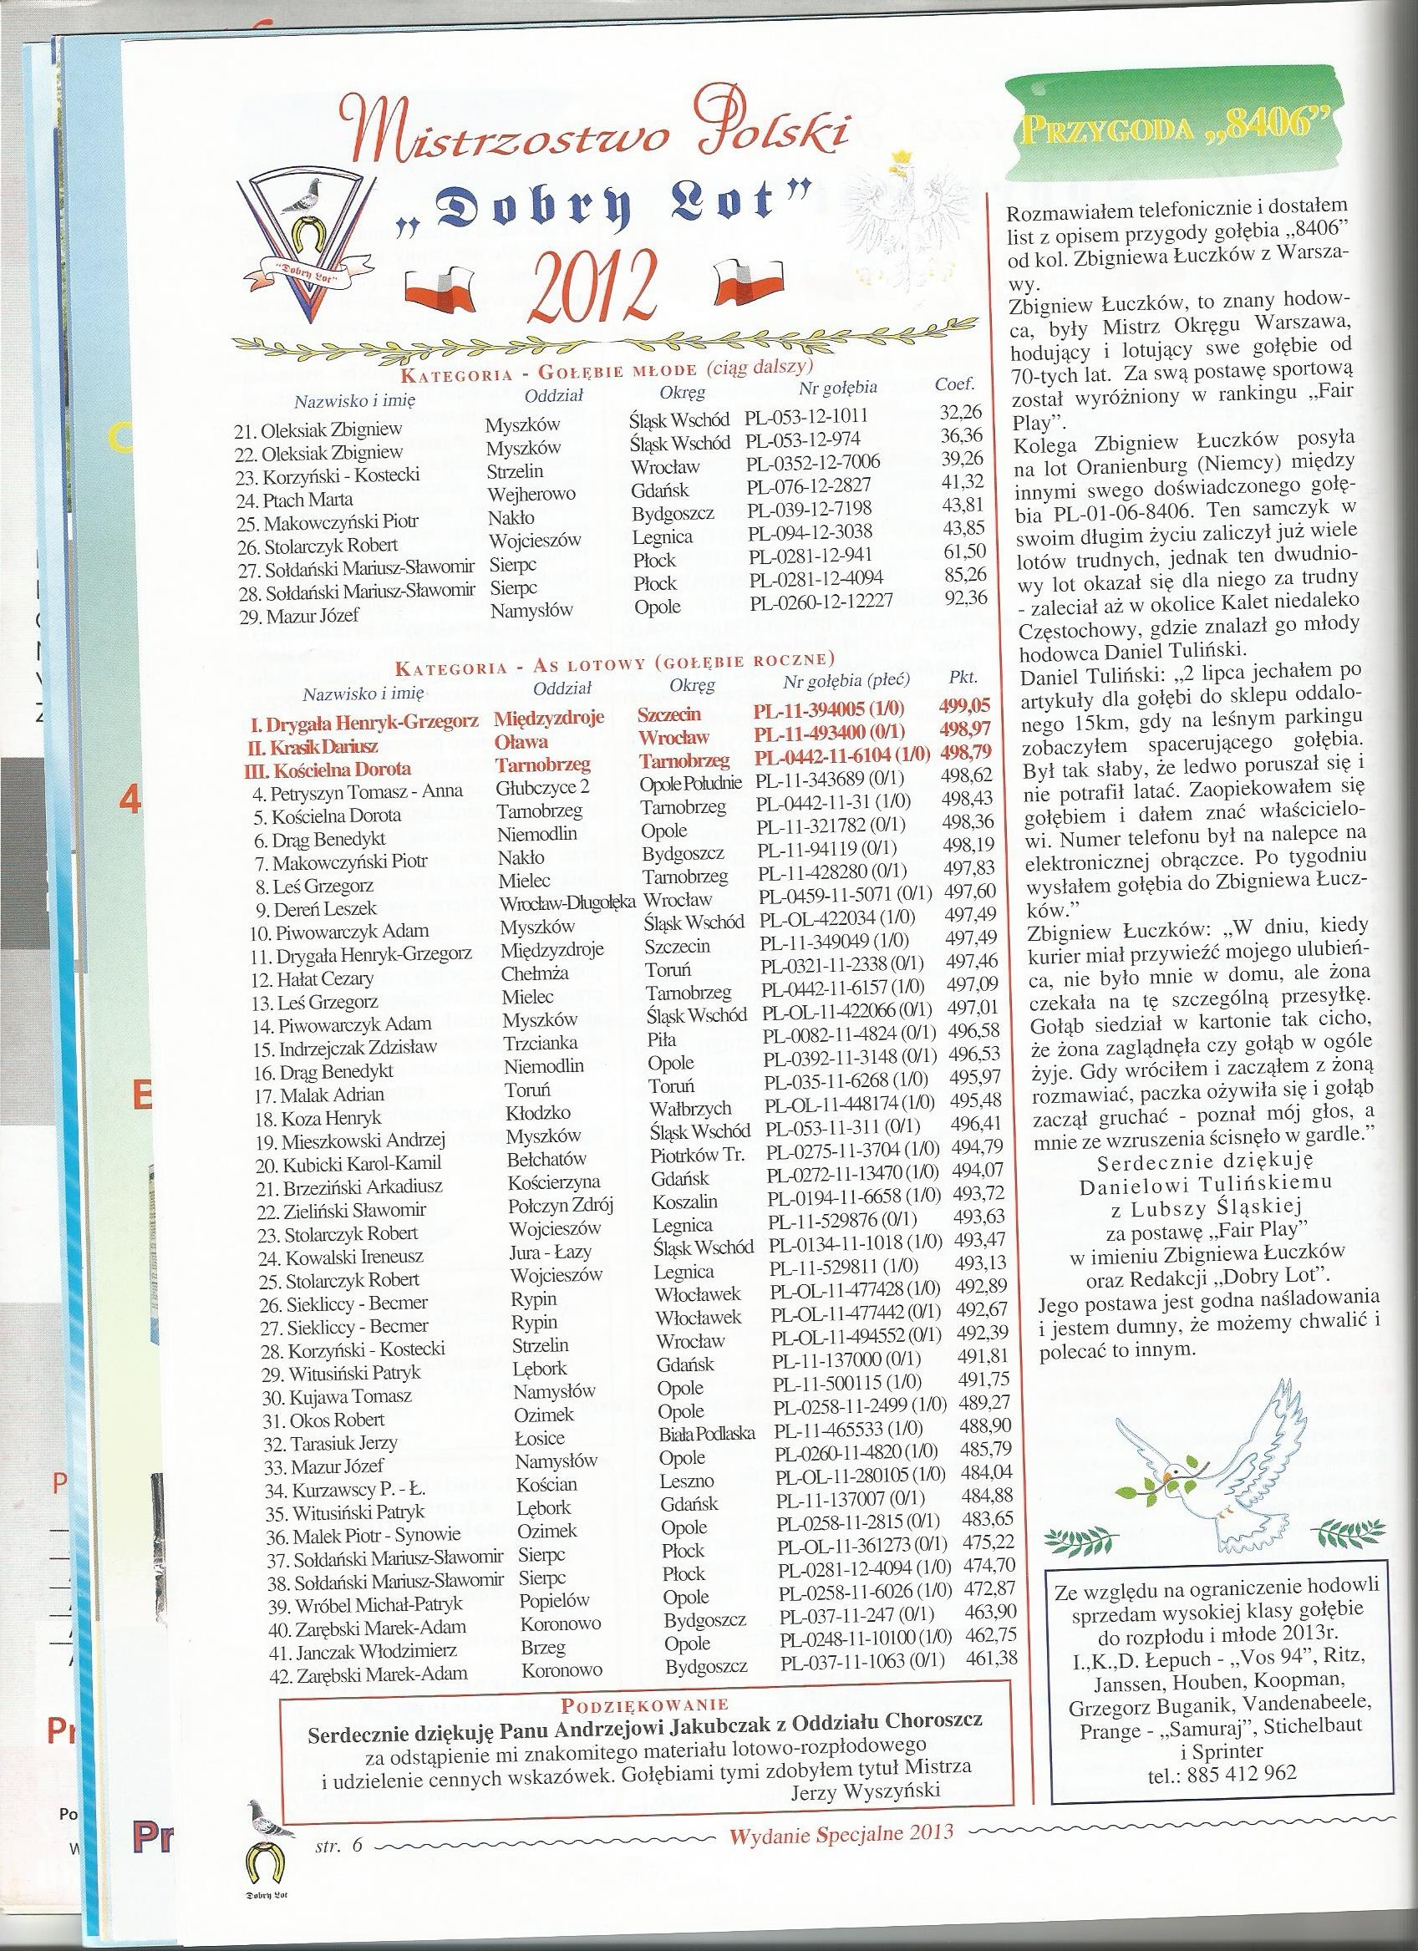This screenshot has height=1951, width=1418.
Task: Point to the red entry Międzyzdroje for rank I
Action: pyautogui.click(x=549, y=719)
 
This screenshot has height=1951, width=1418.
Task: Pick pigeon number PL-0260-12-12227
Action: pyautogui.click(x=821, y=601)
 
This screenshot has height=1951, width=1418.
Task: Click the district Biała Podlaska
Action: pyautogui.click(x=707, y=1432)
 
